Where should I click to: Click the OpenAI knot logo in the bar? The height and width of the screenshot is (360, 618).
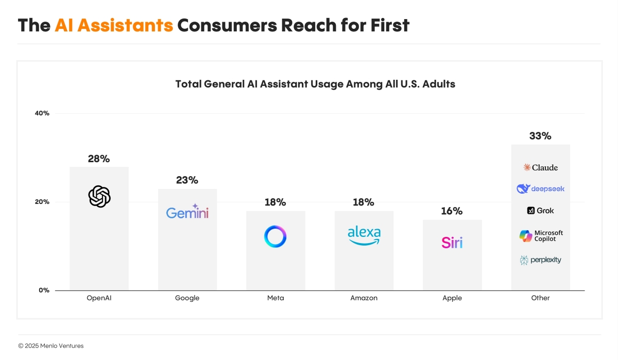pyautogui.click(x=99, y=196)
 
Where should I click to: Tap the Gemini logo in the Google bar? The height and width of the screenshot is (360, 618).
pyautogui.click(x=187, y=212)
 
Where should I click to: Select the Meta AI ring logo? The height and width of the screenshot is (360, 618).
pyautogui.click(x=275, y=236)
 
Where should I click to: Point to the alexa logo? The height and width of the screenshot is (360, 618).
pyautogui.click(x=364, y=235)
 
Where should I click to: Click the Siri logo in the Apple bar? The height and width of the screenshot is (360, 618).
pyautogui.click(x=452, y=242)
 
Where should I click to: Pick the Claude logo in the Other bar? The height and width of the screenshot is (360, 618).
pyautogui.click(x=540, y=167)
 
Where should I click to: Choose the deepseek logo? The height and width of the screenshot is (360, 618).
pyautogui.click(x=540, y=189)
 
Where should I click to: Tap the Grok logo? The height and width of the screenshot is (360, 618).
pyautogui.click(x=540, y=211)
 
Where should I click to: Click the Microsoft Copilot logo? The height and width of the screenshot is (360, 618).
pyautogui.click(x=540, y=236)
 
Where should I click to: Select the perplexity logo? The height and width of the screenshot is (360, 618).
pyautogui.click(x=540, y=260)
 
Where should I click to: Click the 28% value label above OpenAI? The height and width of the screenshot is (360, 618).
pyautogui.click(x=98, y=159)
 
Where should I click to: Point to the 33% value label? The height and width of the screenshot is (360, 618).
pyautogui.click(x=540, y=136)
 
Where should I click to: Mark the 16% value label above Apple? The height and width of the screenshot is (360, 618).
pyautogui.click(x=452, y=211)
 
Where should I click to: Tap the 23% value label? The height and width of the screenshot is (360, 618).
pyautogui.click(x=187, y=180)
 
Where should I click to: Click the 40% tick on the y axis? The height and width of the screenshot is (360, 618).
pyautogui.click(x=42, y=113)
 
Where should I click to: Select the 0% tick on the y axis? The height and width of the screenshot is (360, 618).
pyautogui.click(x=44, y=290)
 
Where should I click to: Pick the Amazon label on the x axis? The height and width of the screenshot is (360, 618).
pyautogui.click(x=364, y=298)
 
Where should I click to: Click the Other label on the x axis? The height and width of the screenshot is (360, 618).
pyautogui.click(x=540, y=298)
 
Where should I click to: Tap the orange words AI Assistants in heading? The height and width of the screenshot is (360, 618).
pyautogui.click(x=114, y=25)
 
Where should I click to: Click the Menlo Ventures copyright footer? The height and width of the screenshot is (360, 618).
pyautogui.click(x=50, y=346)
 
